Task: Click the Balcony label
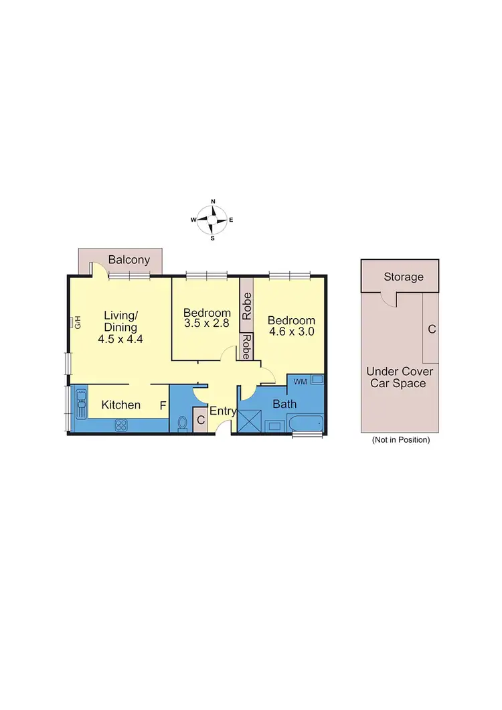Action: pyautogui.click(x=129, y=260)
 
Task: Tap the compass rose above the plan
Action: pyautogui.click(x=213, y=219)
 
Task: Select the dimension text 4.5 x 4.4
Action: pyautogui.click(x=120, y=339)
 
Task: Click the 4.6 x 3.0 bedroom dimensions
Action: pyautogui.click(x=291, y=331)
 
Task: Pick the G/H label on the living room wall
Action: pyautogui.click(x=77, y=322)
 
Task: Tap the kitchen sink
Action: pyautogui.click(x=80, y=405)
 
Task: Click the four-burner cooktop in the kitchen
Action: pyautogui.click(x=121, y=424)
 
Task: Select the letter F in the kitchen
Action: pyautogui.click(x=162, y=405)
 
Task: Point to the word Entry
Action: pyautogui.click(x=223, y=411)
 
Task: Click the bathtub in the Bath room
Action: pyautogui.click(x=305, y=424)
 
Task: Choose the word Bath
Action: pyautogui.click(x=284, y=404)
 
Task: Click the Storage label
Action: pyautogui.click(x=403, y=277)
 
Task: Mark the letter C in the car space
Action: pyautogui.click(x=432, y=329)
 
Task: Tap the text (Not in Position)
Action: pyautogui.click(x=400, y=440)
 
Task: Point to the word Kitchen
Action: pyautogui.click(x=120, y=405)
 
